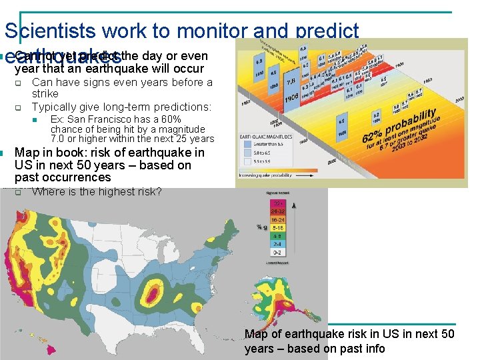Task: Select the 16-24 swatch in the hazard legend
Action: tap(276, 218)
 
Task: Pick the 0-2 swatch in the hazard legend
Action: tap(276, 253)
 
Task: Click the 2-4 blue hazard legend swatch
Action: tap(276, 244)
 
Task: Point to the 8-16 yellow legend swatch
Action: tap(276, 227)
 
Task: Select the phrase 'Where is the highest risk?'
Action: tap(97, 192)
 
